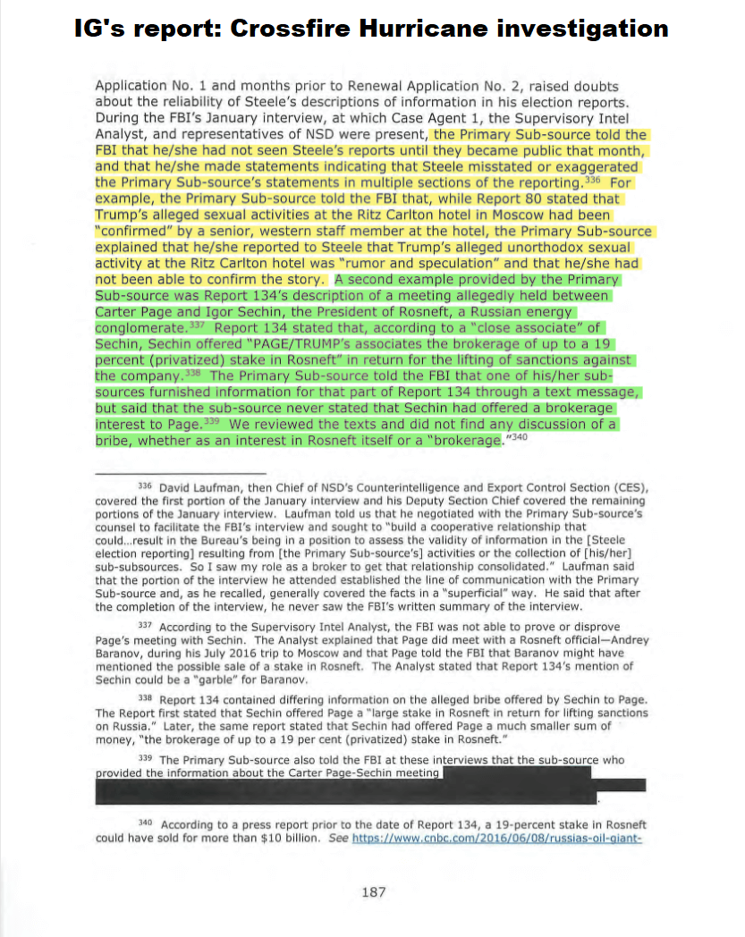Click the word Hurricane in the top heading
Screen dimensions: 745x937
click(417, 29)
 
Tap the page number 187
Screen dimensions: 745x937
click(372, 891)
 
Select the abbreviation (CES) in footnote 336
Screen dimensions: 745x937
click(631, 487)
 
